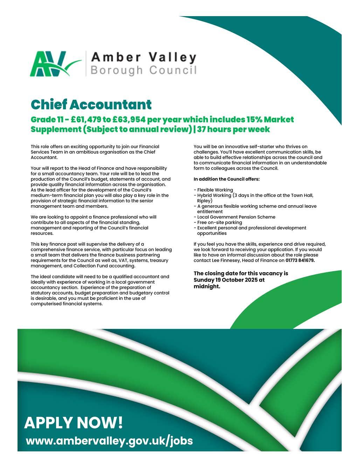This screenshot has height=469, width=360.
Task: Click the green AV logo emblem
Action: click(53, 64)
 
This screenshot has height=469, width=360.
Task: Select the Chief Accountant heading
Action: click(91, 104)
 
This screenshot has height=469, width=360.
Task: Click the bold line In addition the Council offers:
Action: click(227, 179)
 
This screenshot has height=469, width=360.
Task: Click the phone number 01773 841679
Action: click(300, 261)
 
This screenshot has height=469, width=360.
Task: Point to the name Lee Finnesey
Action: click(226, 261)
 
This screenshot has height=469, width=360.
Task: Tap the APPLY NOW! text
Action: click(74, 422)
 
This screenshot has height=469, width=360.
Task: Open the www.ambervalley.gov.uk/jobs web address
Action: click(109, 441)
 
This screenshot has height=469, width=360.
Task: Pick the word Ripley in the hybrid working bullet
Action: click(205, 201)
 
